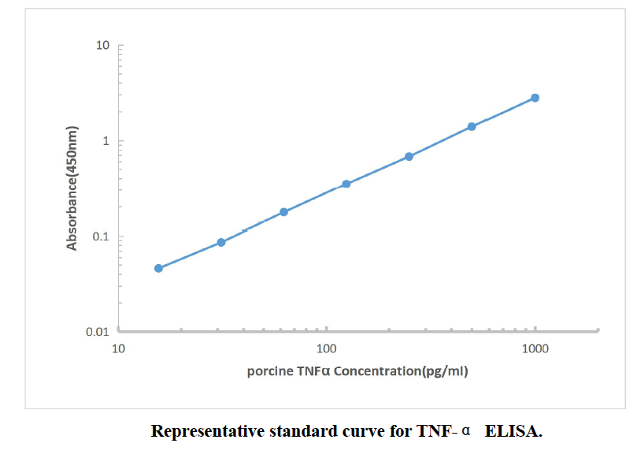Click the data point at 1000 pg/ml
[x=535, y=98]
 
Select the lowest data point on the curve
[x=158, y=268]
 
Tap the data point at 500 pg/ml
[x=472, y=126]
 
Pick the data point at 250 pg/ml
[x=409, y=156]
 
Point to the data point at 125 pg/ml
[x=346, y=184]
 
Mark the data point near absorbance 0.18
[x=284, y=212]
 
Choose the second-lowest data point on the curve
[x=221, y=242]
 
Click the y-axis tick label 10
[x=102, y=46]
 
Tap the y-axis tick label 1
[x=106, y=141]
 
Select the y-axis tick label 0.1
[x=99, y=236]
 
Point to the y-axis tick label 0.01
[x=96, y=332]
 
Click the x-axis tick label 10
[x=119, y=348]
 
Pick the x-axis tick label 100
[x=327, y=348]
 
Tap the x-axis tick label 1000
[x=535, y=348]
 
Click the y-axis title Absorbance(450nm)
[x=72, y=188]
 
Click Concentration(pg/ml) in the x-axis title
[x=401, y=371]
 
